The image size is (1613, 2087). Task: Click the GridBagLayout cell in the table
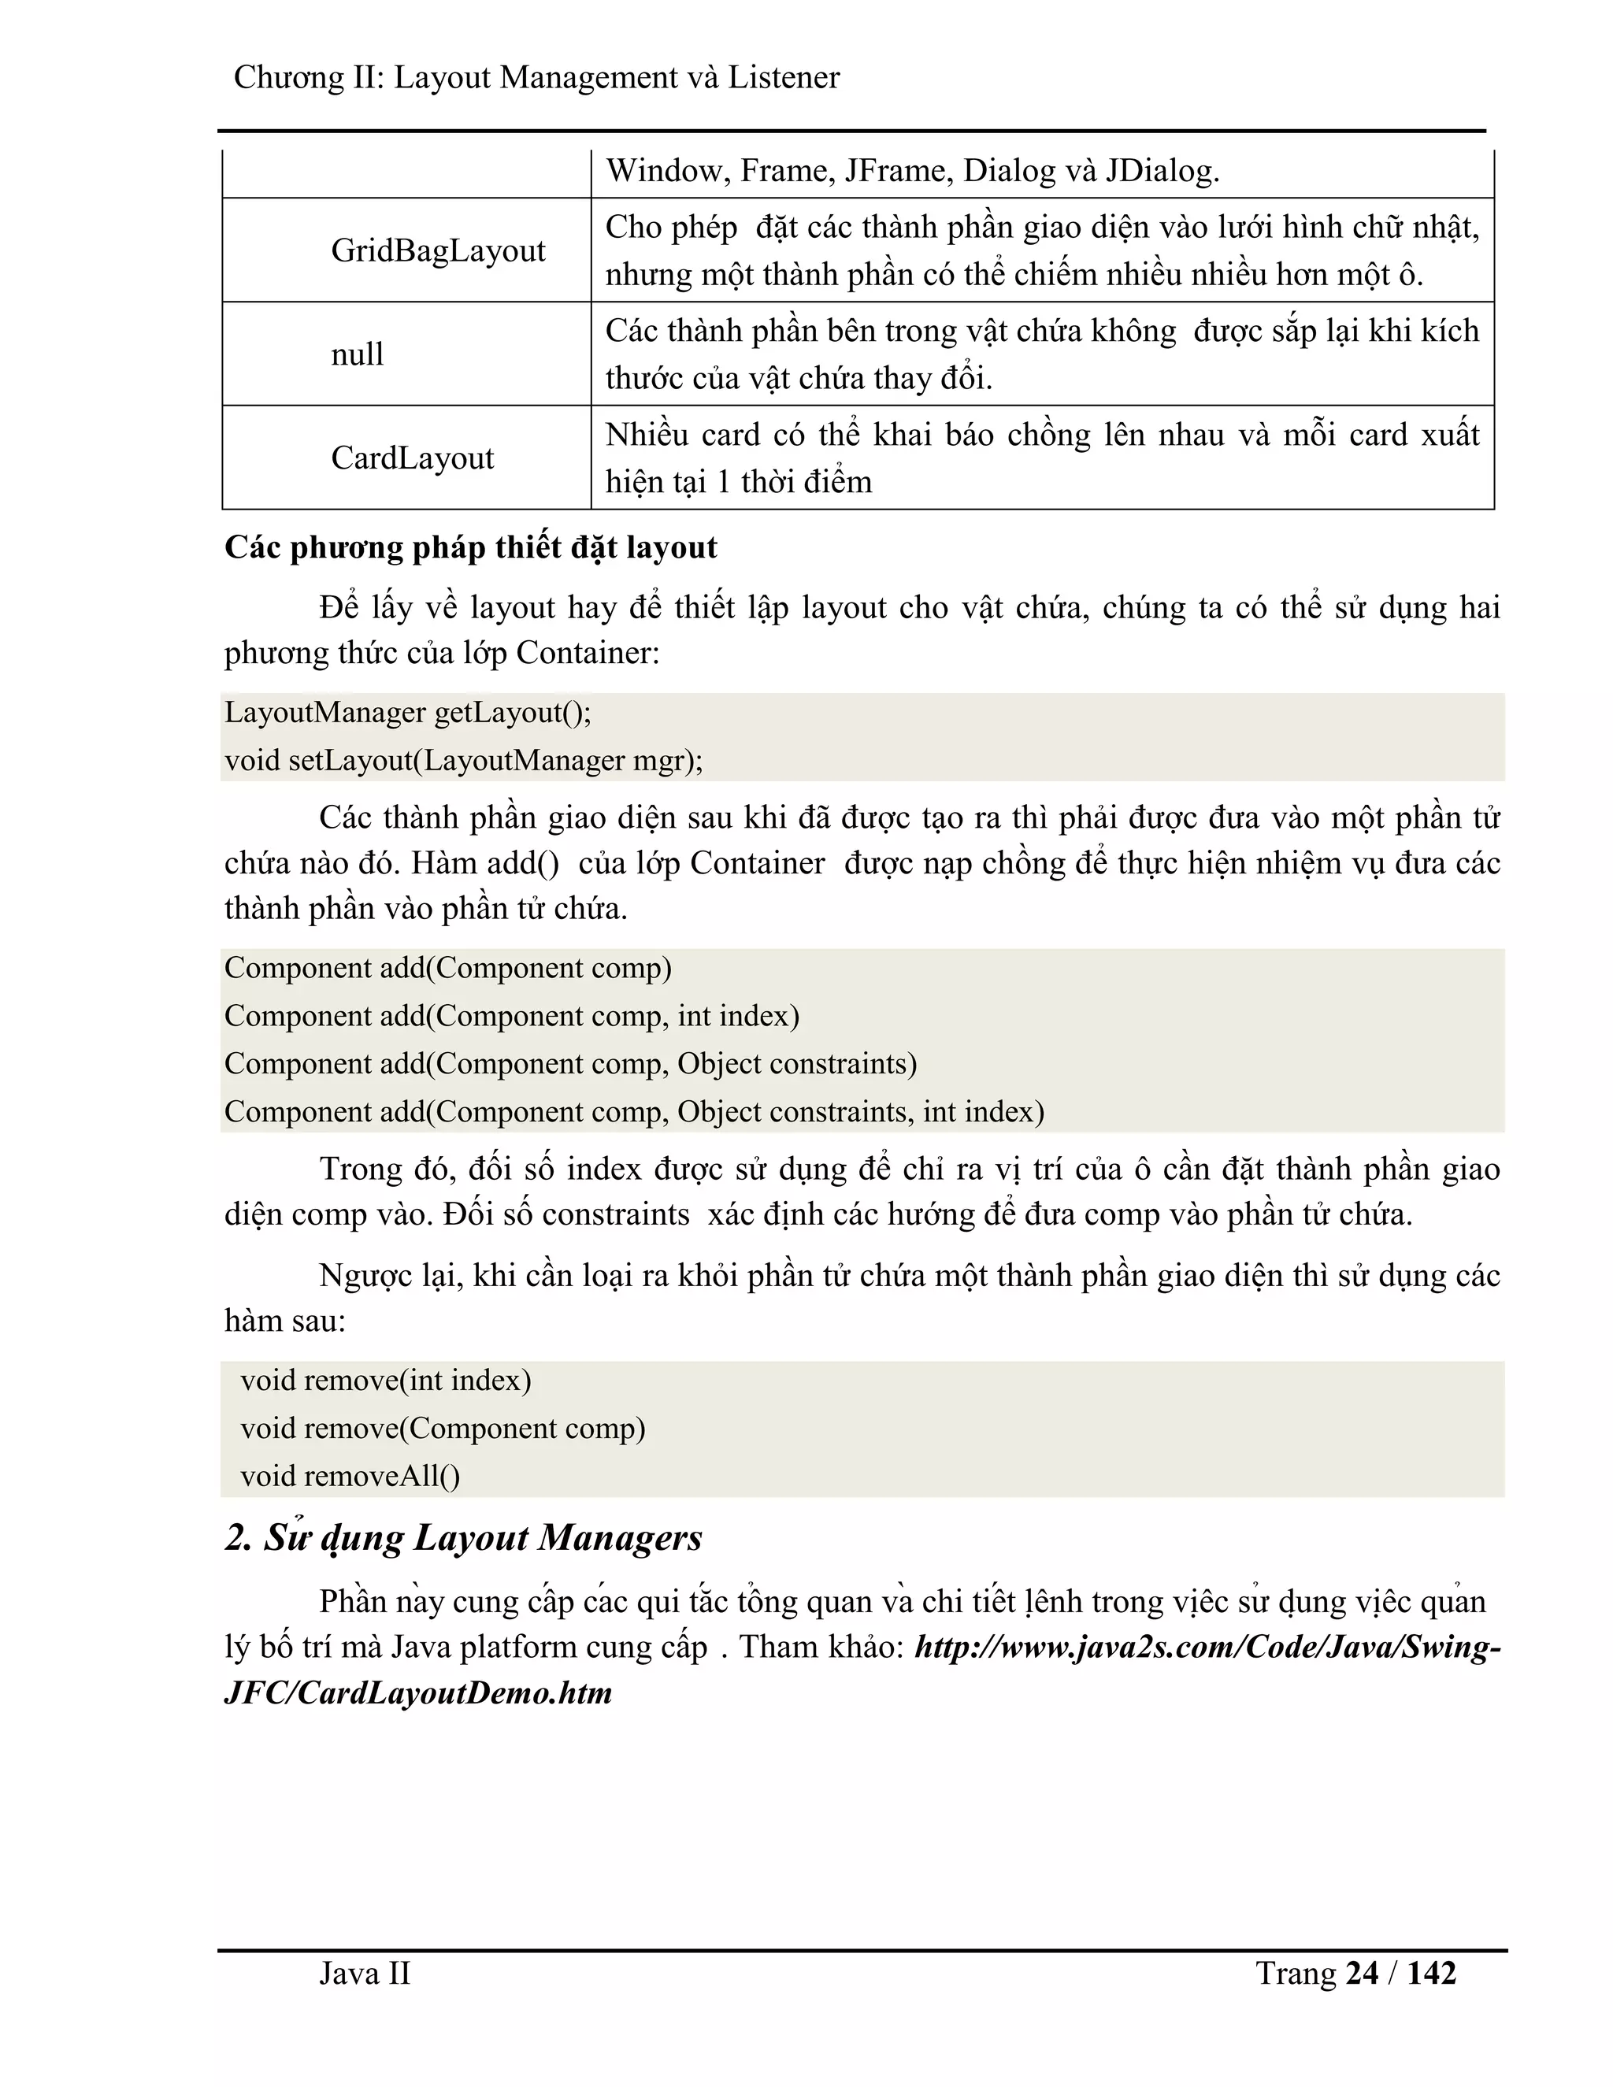click(x=438, y=250)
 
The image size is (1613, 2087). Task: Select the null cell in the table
click(x=358, y=354)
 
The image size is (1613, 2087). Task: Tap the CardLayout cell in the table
click(x=412, y=458)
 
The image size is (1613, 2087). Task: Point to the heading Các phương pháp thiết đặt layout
click(x=470, y=547)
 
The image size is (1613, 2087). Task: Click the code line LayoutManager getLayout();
click(x=408, y=713)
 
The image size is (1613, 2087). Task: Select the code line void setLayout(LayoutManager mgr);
click(x=463, y=761)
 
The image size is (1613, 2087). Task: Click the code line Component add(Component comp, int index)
click(x=511, y=1016)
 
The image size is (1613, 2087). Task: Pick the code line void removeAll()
click(x=350, y=1477)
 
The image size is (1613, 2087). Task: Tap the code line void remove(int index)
click(x=385, y=1381)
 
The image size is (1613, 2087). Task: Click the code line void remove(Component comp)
click(x=443, y=1429)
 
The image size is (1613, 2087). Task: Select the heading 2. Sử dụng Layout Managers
click(x=463, y=1537)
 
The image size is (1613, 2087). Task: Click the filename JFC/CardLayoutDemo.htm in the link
click(x=417, y=1693)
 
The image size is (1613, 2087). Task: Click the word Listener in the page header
click(x=783, y=77)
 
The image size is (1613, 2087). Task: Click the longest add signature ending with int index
click(x=633, y=1112)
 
